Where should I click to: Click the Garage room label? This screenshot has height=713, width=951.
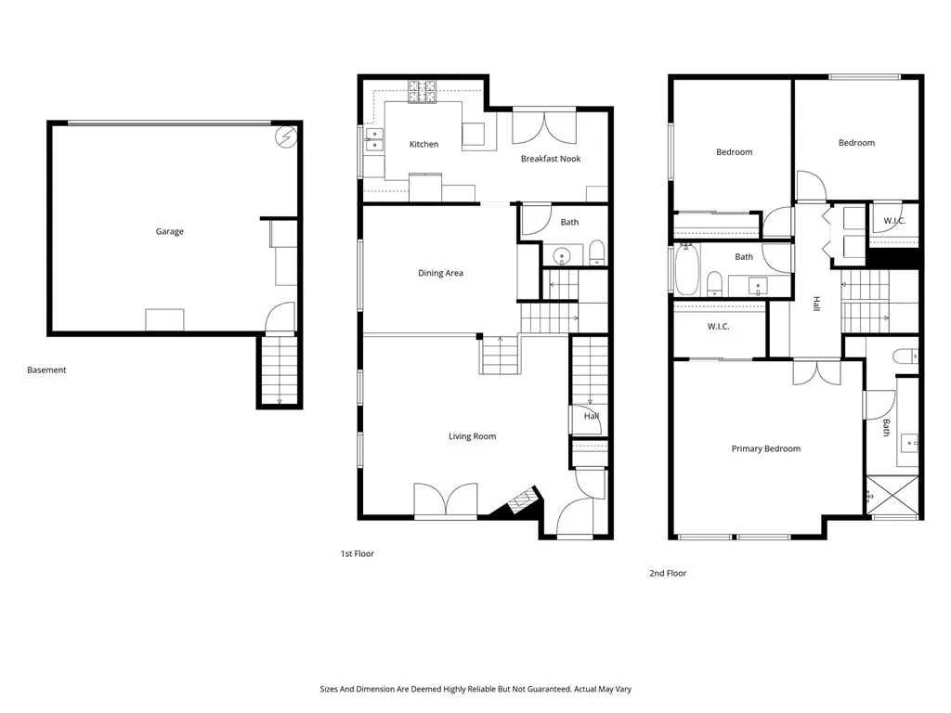coord(169,231)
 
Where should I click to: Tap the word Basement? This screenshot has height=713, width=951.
coord(46,369)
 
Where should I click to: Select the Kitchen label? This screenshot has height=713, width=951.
coord(423,144)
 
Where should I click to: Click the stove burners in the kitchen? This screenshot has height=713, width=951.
coord(423,92)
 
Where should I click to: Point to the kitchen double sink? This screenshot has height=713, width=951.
coord(374,140)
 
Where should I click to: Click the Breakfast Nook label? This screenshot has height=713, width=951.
coord(551,159)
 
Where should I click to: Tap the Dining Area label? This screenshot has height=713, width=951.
coord(440,274)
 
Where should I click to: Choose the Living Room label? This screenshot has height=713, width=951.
coord(473,436)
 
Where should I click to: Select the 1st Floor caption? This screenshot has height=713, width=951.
coord(358,553)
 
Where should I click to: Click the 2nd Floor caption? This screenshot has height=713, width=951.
coord(668,573)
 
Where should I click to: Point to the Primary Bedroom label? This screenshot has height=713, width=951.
coord(766,448)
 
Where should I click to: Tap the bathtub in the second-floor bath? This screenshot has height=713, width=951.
coord(687,269)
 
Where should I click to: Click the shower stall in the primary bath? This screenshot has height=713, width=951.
coord(892,496)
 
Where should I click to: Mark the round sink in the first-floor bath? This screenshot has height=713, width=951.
coord(562,257)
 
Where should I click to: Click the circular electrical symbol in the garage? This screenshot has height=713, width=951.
coord(285,137)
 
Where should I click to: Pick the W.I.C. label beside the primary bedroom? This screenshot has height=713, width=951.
coord(718,327)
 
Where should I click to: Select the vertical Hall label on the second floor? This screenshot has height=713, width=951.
coord(816,304)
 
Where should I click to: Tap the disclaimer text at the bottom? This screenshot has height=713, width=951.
coord(475,690)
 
